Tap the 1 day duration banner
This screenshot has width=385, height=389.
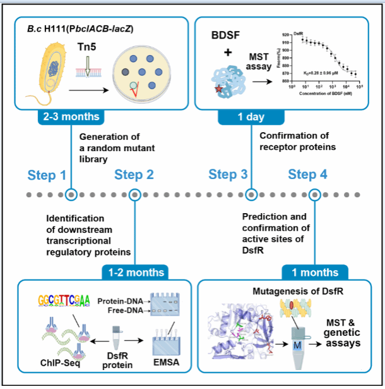250,116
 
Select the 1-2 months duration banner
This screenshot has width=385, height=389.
133,273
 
